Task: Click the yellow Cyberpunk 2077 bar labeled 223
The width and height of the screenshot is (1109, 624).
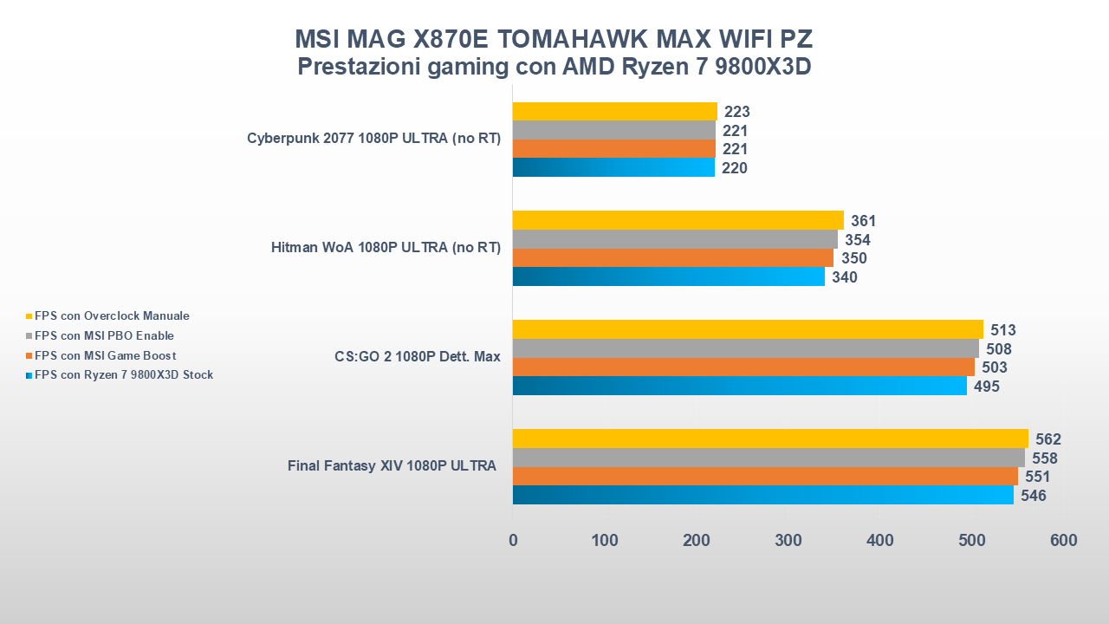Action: [x=614, y=112]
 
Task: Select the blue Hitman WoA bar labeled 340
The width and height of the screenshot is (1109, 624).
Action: [x=668, y=276]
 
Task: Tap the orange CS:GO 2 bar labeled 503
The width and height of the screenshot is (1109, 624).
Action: [x=743, y=367]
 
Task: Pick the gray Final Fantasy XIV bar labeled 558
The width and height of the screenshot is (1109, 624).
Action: [x=768, y=458]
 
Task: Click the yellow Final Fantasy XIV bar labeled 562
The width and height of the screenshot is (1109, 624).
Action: [x=769, y=439]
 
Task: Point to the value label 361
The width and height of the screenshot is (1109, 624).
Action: [x=863, y=221]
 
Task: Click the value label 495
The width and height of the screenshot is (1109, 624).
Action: [x=986, y=387]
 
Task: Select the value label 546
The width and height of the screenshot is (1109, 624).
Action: [x=1033, y=496]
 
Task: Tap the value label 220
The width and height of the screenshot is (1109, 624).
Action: [x=734, y=168]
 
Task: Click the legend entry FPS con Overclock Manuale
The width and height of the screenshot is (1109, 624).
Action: [x=112, y=316]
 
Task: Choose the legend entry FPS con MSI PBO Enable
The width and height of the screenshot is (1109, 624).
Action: [x=104, y=335]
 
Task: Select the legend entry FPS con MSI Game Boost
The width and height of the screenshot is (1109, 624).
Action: [x=105, y=355]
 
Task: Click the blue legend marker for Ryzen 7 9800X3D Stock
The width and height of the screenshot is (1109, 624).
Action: [x=29, y=375]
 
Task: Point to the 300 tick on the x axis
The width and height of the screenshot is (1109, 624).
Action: [x=788, y=541]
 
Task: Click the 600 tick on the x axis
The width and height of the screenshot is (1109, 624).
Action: [x=1063, y=541]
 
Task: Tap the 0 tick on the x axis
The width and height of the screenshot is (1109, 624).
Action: [x=513, y=541]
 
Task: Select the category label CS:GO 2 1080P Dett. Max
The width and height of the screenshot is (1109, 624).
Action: [x=417, y=356]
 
